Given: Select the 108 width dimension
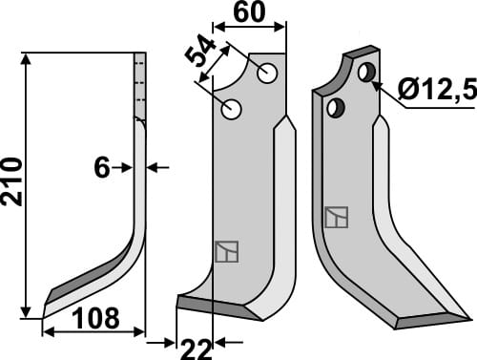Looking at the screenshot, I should [x=93, y=318].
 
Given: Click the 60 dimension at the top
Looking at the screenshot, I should [x=252, y=13].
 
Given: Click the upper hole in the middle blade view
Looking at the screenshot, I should [x=267, y=73].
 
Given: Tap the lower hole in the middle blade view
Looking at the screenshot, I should [x=231, y=109].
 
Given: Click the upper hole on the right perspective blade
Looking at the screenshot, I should [x=366, y=72].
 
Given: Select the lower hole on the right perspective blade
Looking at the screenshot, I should [x=334, y=109].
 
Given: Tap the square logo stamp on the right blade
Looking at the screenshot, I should [x=336, y=219].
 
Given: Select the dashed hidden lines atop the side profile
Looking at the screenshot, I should [x=139, y=86].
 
